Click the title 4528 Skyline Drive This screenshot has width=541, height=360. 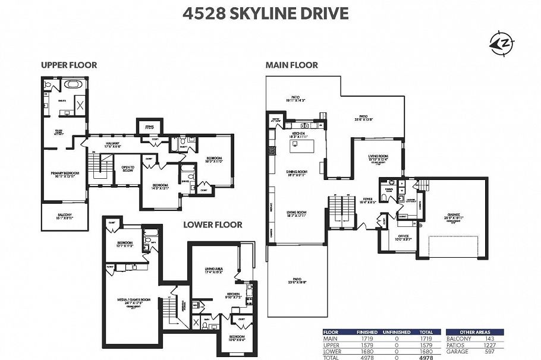tap(270, 13)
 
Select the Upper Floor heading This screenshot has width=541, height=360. tap(69, 65)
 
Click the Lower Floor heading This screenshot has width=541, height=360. tap(212, 225)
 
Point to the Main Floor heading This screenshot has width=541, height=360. tap(292, 65)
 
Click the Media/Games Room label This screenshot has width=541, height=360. tap(132, 301)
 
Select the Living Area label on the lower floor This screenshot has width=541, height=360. tap(213, 269)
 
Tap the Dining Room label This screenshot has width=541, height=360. tap(296, 173)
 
